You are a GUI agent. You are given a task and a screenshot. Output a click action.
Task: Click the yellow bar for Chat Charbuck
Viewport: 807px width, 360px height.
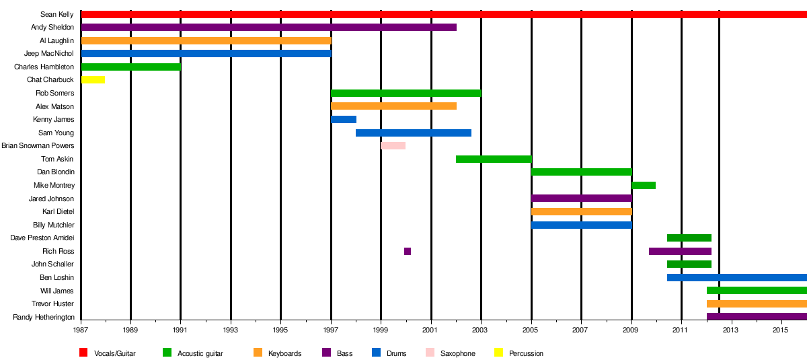[93, 80]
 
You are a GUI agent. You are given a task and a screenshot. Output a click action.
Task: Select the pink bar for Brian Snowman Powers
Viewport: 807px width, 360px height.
[393, 146]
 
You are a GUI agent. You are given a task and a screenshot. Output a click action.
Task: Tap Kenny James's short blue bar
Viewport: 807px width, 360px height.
[344, 120]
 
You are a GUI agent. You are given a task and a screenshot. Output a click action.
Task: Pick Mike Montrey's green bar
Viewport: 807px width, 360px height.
[644, 186]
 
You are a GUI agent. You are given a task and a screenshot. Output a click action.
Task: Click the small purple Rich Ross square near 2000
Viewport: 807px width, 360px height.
[408, 252]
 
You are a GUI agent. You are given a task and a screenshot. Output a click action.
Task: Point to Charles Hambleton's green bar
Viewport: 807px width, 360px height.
[130, 67]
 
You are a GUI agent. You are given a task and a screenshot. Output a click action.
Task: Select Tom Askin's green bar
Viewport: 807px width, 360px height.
[494, 159]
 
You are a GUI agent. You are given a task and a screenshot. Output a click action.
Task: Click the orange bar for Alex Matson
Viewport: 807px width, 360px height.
[393, 106]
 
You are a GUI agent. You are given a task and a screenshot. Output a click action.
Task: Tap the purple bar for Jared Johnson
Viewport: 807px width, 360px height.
[582, 199]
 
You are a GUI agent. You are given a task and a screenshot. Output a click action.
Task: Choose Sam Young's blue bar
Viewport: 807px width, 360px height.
[414, 133]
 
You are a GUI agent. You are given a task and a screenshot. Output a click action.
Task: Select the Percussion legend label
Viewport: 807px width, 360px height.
[526, 353]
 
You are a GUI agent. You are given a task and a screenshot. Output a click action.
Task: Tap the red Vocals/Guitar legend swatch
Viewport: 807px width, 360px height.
[83, 353]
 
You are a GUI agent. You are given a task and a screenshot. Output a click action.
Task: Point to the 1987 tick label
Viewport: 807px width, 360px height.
[81, 330]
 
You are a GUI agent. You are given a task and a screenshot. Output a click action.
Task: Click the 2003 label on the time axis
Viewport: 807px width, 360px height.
[481, 330]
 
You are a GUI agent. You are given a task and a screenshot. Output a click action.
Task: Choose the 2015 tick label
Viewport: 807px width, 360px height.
[781, 330]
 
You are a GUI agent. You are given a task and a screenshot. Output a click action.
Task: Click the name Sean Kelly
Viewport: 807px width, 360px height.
[57, 14]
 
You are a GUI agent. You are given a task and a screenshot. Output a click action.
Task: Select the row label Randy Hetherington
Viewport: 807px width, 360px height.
[44, 318]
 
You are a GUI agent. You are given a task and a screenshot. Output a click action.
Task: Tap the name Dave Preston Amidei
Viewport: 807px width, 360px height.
[42, 238]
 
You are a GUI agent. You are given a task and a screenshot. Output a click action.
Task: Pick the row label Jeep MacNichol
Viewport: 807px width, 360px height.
[49, 54]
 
